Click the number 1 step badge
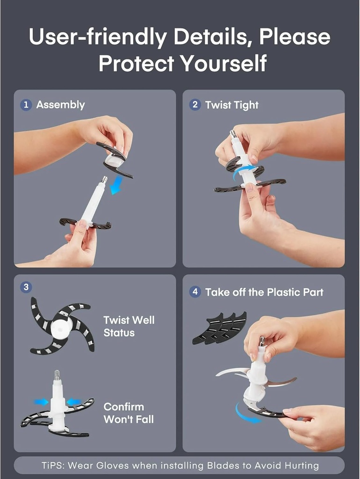pyautogui.click(x=26, y=105)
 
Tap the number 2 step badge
pyautogui.click(x=195, y=105)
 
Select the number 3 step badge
pyautogui.click(x=26, y=287)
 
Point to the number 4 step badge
pyautogui.click(x=195, y=292)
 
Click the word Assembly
pyautogui.click(x=60, y=105)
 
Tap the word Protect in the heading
pyautogui.click(x=136, y=64)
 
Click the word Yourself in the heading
pyautogui.click(x=223, y=64)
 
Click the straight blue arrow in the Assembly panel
pyautogui.click(x=116, y=185)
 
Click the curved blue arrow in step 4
pyautogui.click(x=246, y=414)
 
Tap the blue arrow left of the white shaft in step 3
pyautogui.click(x=41, y=402)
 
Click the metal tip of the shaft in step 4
pyautogui.click(x=262, y=341)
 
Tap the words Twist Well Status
pyautogui.click(x=129, y=326)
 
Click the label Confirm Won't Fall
pyautogui.click(x=129, y=413)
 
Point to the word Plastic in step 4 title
pyautogui.click(x=283, y=292)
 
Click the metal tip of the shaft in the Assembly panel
pyautogui.click(x=104, y=180)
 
